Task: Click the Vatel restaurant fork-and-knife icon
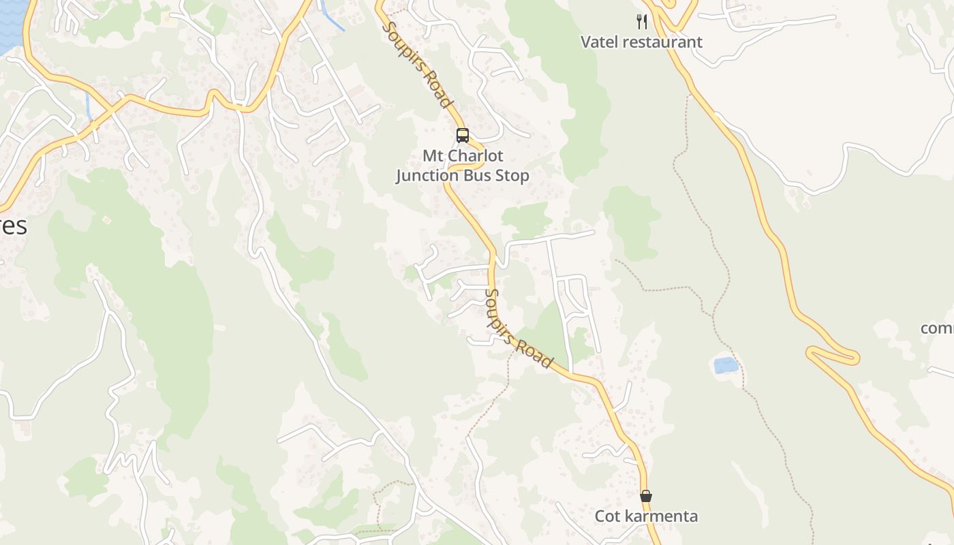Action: click(x=642, y=22)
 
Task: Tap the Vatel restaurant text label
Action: click(x=641, y=42)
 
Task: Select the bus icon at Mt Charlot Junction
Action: click(x=463, y=136)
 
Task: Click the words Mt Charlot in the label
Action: click(x=463, y=156)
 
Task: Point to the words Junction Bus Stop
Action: click(x=463, y=176)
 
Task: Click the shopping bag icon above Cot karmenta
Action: click(x=646, y=496)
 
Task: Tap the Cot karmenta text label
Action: click(x=646, y=516)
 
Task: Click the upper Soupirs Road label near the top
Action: click(x=418, y=65)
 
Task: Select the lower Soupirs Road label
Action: click(x=517, y=328)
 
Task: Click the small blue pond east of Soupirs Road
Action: click(x=726, y=365)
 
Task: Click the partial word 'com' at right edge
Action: click(x=938, y=328)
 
